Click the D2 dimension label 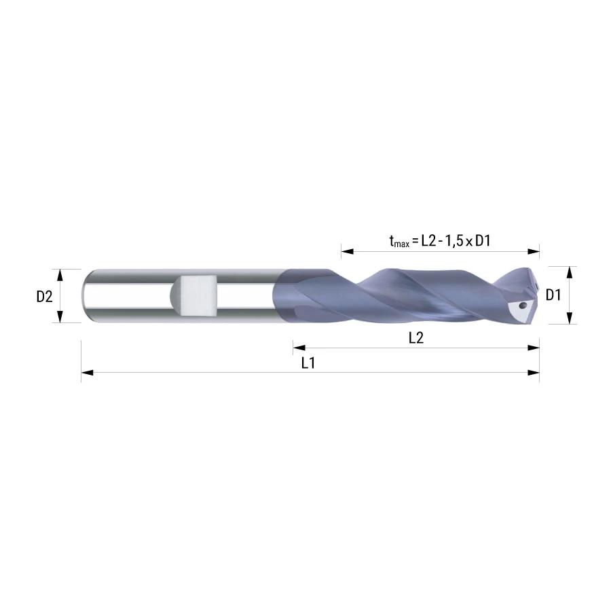click(x=44, y=297)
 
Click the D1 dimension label click(x=553, y=295)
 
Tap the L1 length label click(x=308, y=363)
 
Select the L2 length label click(x=416, y=337)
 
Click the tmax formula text click(x=440, y=241)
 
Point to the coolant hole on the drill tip click(x=523, y=305)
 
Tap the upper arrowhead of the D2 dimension click(x=60, y=275)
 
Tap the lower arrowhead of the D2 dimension click(x=60, y=317)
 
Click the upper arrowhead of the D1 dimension click(x=570, y=273)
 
